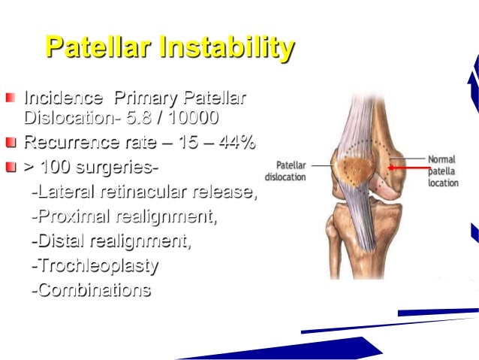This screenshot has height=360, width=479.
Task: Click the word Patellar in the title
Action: click(98, 48)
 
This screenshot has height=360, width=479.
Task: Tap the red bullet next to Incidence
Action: click(11, 98)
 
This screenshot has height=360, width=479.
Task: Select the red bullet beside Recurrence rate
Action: click(11, 142)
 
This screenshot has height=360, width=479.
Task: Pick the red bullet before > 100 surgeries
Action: click(11, 166)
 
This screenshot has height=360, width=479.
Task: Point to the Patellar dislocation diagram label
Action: click(291, 171)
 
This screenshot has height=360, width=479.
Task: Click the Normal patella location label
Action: click(443, 171)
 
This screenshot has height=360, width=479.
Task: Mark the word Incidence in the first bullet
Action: click(64, 98)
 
